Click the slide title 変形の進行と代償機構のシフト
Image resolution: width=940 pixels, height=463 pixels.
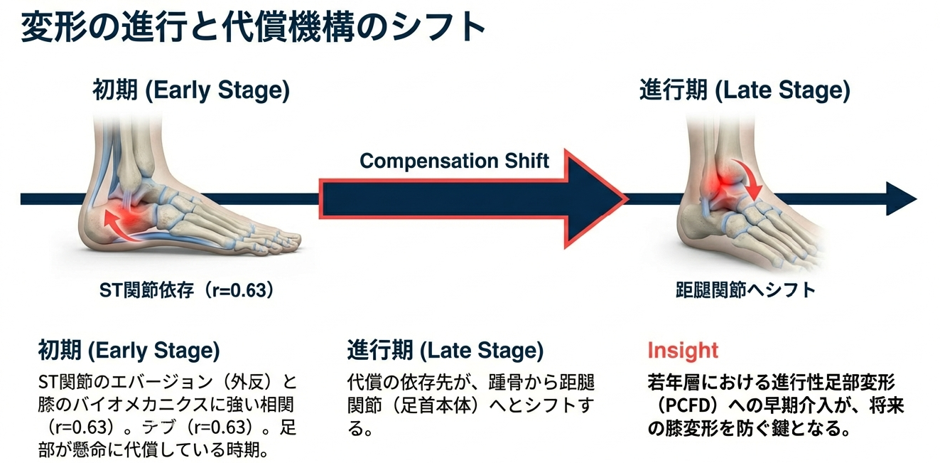(x=253, y=28)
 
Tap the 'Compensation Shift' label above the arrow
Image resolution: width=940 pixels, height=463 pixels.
(x=454, y=161)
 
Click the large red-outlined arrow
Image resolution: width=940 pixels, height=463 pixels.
(x=473, y=198)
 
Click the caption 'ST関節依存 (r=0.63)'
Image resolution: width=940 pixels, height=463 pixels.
(x=187, y=290)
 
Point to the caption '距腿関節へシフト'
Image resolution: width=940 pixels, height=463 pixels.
(x=745, y=290)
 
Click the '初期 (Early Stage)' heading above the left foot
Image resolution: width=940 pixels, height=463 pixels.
(x=191, y=90)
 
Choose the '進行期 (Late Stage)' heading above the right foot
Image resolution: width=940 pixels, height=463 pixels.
(x=745, y=90)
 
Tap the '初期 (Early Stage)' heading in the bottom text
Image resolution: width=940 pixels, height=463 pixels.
(x=129, y=351)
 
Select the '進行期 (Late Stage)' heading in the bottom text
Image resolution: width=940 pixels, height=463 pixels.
(x=445, y=351)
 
